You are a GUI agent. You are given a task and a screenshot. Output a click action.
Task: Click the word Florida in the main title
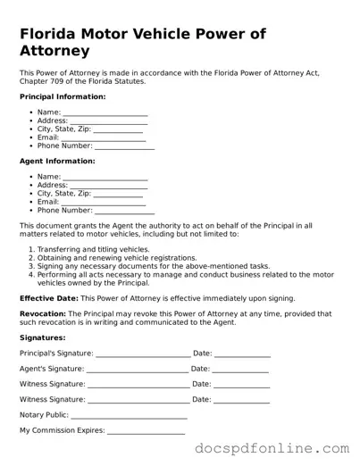[x=54, y=34]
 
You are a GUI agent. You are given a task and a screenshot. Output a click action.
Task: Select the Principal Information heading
[x=63, y=96]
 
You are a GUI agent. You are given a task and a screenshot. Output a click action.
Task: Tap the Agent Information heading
[x=57, y=162]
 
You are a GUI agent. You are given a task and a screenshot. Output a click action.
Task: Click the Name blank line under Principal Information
[x=105, y=113]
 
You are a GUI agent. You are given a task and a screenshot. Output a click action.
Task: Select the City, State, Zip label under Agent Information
[x=64, y=194]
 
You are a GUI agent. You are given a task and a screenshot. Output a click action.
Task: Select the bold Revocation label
[x=43, y=314]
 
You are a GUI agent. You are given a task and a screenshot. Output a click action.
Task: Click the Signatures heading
[x=42, y=338]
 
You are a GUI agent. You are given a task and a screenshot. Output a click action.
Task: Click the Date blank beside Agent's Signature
[x=240, y=370]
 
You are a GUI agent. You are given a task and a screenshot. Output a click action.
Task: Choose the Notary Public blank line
[x=129, y=416]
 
